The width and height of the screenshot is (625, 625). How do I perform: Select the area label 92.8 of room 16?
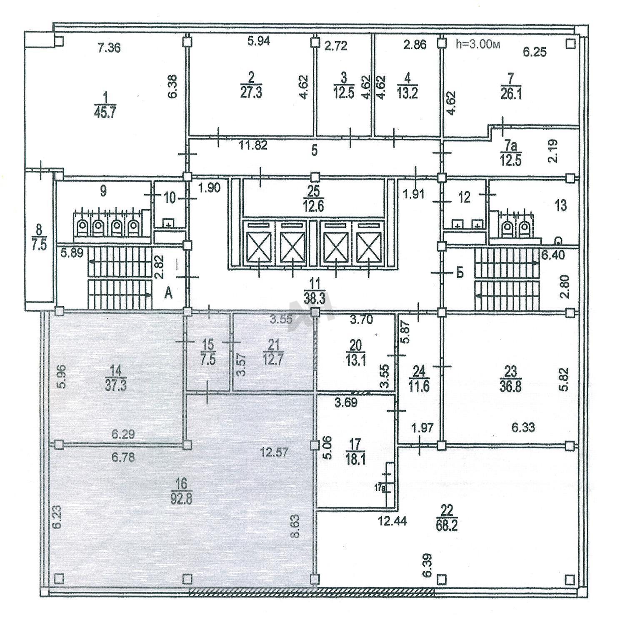tap(181, 498)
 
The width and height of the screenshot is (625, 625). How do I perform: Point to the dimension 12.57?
tap(273, 451)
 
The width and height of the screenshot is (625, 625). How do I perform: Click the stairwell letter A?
tap(168, 294)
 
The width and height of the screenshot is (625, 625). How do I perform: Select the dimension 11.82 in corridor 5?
tap(253, 145)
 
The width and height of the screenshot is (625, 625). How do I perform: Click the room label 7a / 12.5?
tap(510, 154)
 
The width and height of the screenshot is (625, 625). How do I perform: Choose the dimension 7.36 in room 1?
tap(109, 48)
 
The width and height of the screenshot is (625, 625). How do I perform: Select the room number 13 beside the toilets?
tap(561, 205)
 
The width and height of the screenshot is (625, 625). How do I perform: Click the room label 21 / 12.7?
tap(273, 352)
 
